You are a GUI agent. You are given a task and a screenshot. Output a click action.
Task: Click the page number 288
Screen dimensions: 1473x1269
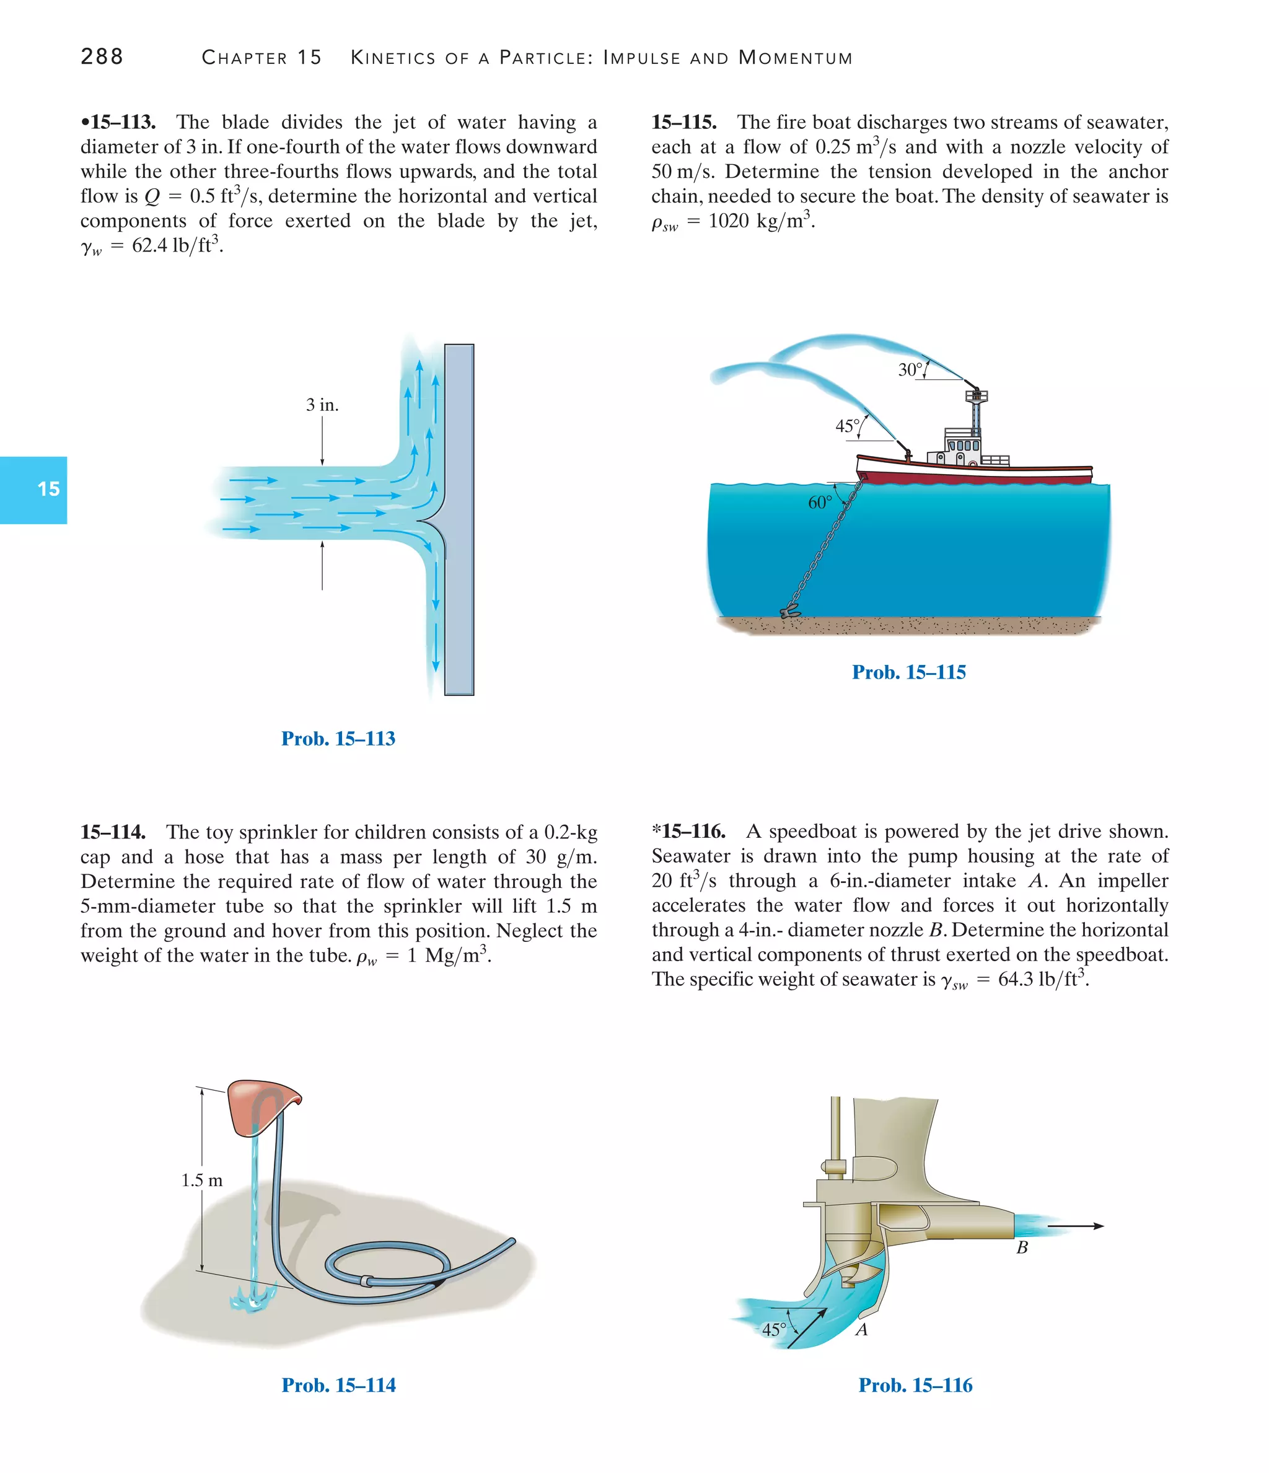102,56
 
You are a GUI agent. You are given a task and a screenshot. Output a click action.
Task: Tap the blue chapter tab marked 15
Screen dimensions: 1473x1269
33,489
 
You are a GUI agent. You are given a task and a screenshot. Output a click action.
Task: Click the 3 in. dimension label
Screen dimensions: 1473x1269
322,405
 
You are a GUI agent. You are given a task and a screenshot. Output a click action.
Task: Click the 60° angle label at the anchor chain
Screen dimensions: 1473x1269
820,503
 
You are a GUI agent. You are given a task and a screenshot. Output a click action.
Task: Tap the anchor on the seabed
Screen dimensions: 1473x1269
790,612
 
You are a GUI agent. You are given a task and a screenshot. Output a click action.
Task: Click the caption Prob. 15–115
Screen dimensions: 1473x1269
908,672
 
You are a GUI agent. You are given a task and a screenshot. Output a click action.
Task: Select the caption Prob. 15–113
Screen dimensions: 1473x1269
338,739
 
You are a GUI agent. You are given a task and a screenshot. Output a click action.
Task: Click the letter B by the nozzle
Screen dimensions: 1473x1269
1022,1247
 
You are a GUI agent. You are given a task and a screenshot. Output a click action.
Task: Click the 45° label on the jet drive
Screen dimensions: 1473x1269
773,1329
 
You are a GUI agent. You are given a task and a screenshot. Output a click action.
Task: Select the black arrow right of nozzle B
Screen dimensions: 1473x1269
1075,1226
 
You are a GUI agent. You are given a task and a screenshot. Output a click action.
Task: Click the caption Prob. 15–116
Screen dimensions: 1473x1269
915,1385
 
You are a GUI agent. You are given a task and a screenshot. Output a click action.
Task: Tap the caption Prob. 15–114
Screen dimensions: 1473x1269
338,1385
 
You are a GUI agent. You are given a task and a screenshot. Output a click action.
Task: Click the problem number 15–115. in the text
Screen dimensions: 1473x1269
684,122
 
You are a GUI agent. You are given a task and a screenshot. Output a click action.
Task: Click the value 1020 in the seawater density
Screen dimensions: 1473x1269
729,221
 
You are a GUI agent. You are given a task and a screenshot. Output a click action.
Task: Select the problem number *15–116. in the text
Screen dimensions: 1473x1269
688,832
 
